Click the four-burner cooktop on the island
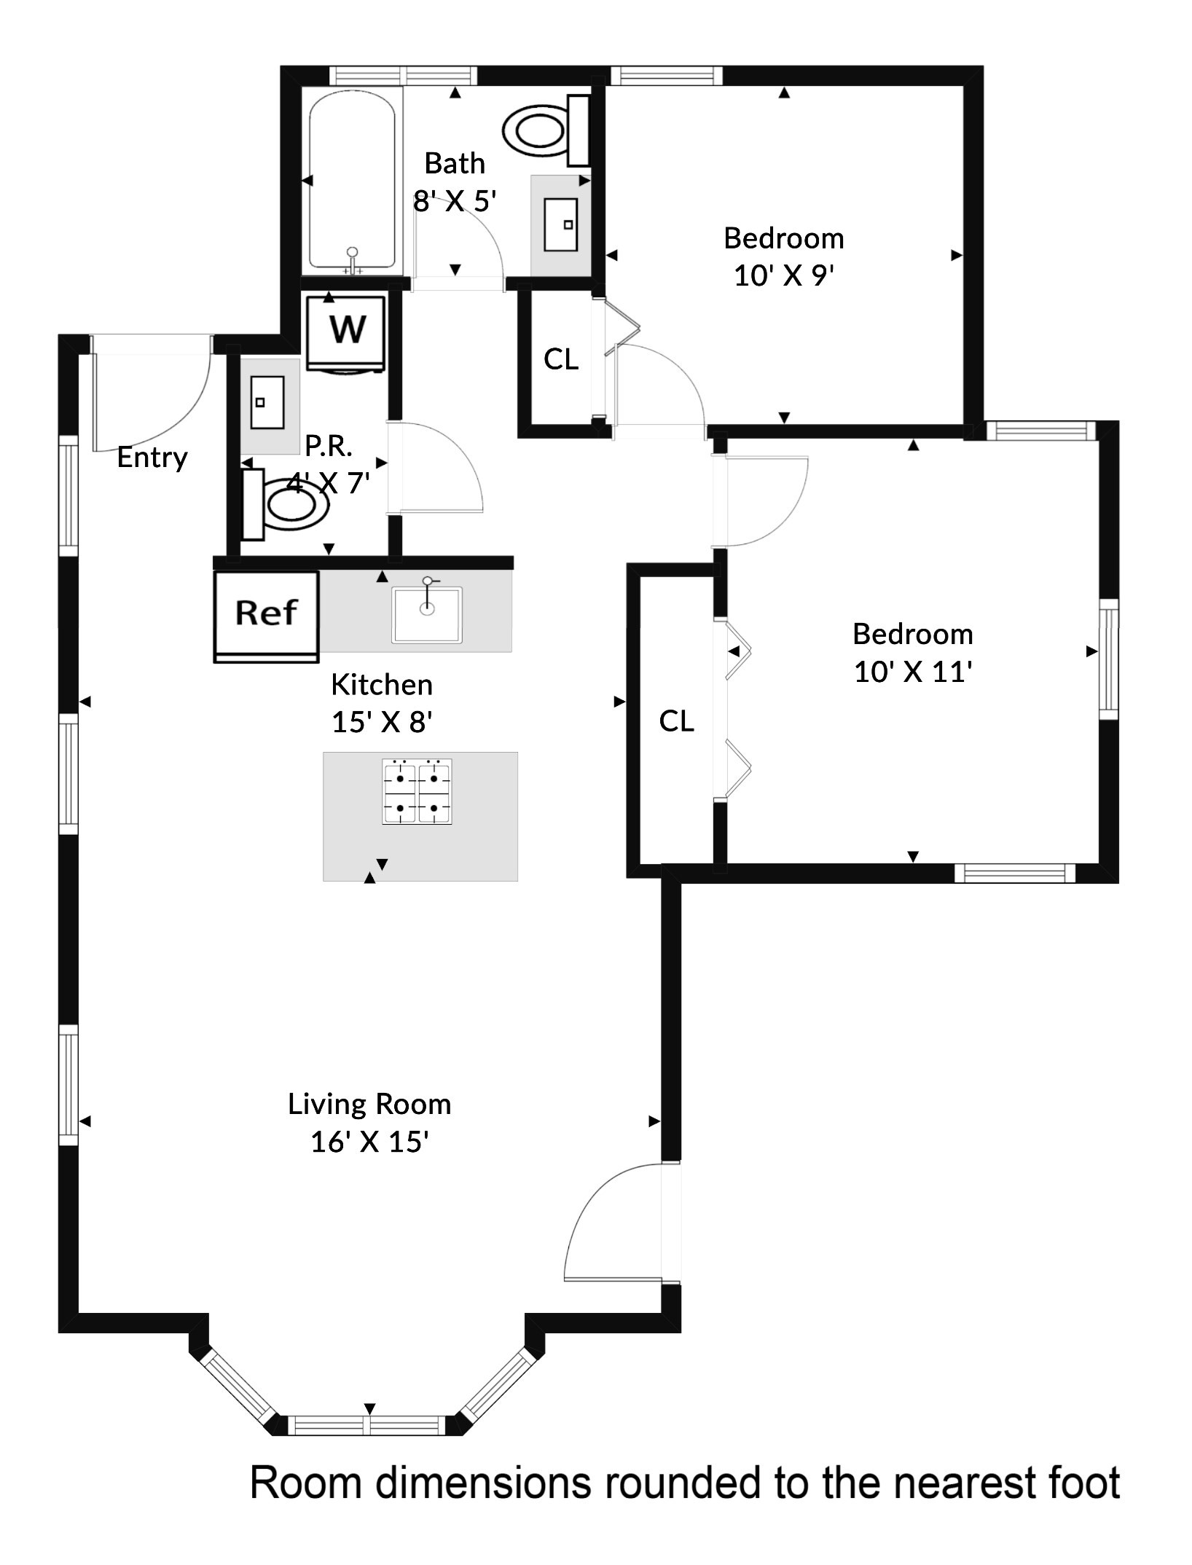tap(417, 792)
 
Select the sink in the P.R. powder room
tap(267, 402)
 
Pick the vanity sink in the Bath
tap(561, 224)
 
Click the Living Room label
tap(369, 1105)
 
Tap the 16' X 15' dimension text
tap(369, 1142)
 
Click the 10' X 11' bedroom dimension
tap(913, 672)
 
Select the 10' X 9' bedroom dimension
tap(783, 276)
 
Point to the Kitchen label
tap(382, 685)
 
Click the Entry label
tap(152, 458)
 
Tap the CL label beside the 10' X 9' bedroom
tap(561, 359)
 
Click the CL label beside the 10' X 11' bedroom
tap(676, 721)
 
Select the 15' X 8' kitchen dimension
tap(383, 722)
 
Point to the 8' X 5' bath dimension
tap(455, 201)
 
